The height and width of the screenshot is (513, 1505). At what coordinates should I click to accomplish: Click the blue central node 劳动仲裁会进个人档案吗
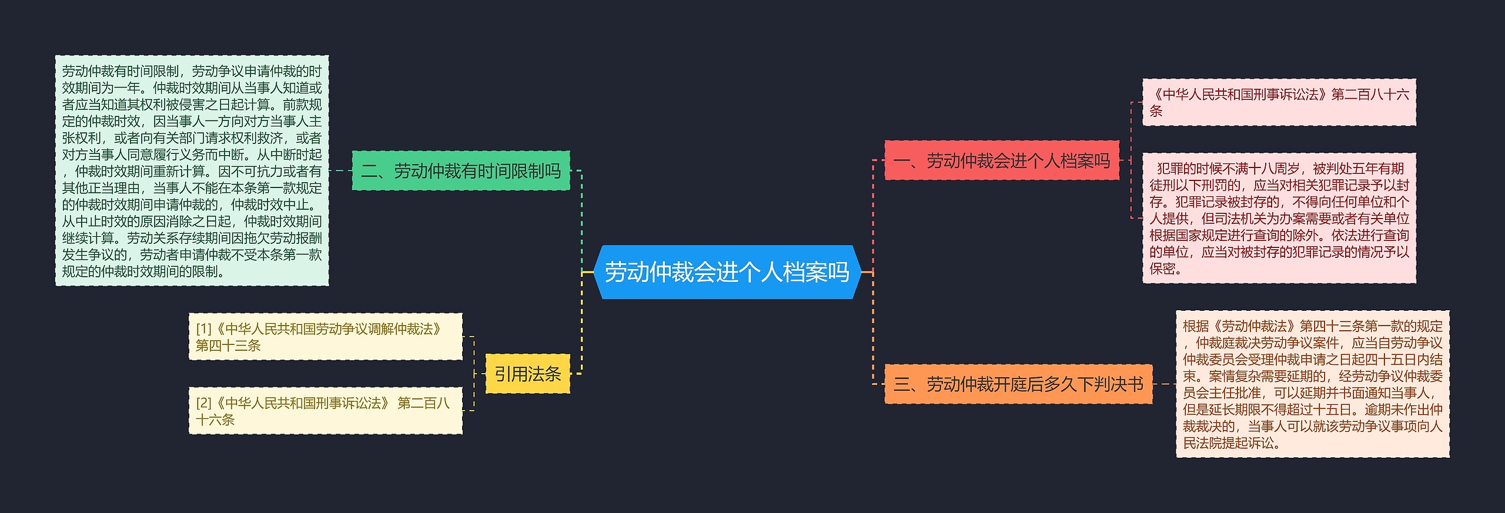[727, 272]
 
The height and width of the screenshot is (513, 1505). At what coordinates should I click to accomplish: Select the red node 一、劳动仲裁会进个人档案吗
[1001, 160]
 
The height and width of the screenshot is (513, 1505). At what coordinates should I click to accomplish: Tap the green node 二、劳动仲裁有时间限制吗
[461, 171]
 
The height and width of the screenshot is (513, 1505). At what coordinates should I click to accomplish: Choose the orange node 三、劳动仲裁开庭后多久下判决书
[1018, 384]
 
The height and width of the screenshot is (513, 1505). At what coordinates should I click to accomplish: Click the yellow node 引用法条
[527, 374]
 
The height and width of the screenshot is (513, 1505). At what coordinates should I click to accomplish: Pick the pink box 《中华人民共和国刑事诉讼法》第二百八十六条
[1279, 102]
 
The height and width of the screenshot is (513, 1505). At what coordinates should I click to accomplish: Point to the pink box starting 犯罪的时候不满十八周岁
[1279, 218]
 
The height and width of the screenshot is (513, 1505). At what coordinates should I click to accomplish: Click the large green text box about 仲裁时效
[192, 171]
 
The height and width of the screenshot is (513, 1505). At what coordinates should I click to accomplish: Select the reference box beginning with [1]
[325, 337]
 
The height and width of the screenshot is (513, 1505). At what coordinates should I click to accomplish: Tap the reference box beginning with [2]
[325, 411]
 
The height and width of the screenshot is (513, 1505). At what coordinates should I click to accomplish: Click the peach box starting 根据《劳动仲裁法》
[1312, 384]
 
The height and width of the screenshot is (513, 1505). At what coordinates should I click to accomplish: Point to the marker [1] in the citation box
[203, 329]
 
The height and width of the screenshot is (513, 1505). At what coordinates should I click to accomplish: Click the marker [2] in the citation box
[203, 403]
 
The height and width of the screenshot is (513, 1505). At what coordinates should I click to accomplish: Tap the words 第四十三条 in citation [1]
[228, 346]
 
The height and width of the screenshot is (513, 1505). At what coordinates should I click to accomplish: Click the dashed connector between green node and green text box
[340, 171]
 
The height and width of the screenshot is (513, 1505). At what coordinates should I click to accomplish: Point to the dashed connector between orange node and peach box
[1164, 384]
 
